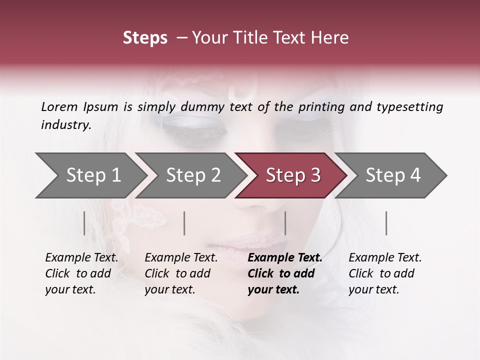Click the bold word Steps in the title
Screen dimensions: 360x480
[145, 38]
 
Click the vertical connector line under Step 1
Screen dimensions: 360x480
[84, 223]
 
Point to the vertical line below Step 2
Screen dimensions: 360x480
[184, 223]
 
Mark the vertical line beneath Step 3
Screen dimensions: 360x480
[285, 223]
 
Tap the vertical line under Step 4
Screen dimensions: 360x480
[386, 223]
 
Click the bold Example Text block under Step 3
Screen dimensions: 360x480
[284, 273]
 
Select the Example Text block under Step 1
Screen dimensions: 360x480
[81, 273]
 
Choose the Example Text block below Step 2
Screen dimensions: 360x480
[181, 273]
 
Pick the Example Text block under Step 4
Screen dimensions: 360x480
[385, 273]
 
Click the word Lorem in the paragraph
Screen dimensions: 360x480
[59, 107]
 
